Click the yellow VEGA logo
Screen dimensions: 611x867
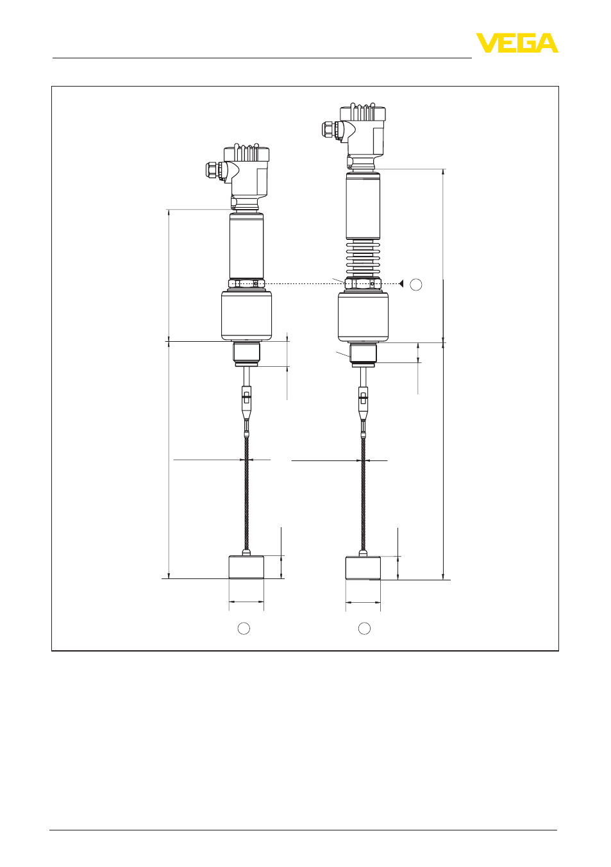(517, 43)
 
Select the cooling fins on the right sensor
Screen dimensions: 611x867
(363, 257)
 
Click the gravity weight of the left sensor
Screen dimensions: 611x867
(246, 567)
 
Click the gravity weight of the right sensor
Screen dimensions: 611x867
(363, 568)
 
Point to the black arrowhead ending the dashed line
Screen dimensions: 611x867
(401, 283)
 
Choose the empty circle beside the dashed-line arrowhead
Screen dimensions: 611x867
(416, 285)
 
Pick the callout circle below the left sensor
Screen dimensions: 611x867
(244, 628)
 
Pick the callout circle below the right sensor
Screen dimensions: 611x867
(365, 628)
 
